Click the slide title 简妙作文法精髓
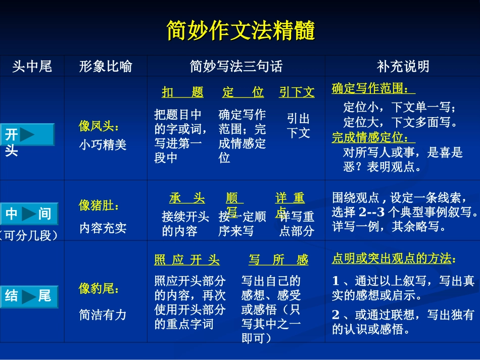(241, 31)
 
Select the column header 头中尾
(32, 66)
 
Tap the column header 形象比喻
(106, 66)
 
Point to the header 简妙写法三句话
(236, 66)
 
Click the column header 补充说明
(403, 66)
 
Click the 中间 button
(29, 214)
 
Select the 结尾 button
(29, 296)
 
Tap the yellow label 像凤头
(99, 126)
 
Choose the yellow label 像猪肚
(99, 205)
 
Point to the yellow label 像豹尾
(99, 289)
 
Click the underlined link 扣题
(182, 92)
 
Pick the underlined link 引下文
(297, 92)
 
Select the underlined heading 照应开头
(187, 261)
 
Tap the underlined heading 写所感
(278, 261)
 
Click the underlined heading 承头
(187, 198)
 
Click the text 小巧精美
(103, 145)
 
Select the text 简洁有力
(103, 315)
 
